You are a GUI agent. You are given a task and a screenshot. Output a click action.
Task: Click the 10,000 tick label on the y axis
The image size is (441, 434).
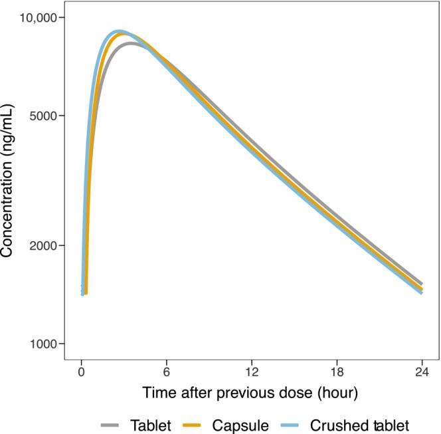(x=39, y=17)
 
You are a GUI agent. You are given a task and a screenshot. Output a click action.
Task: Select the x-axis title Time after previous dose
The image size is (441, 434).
(x=251, y=393)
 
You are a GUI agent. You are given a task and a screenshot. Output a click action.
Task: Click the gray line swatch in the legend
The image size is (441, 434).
(x=111, y=423)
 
